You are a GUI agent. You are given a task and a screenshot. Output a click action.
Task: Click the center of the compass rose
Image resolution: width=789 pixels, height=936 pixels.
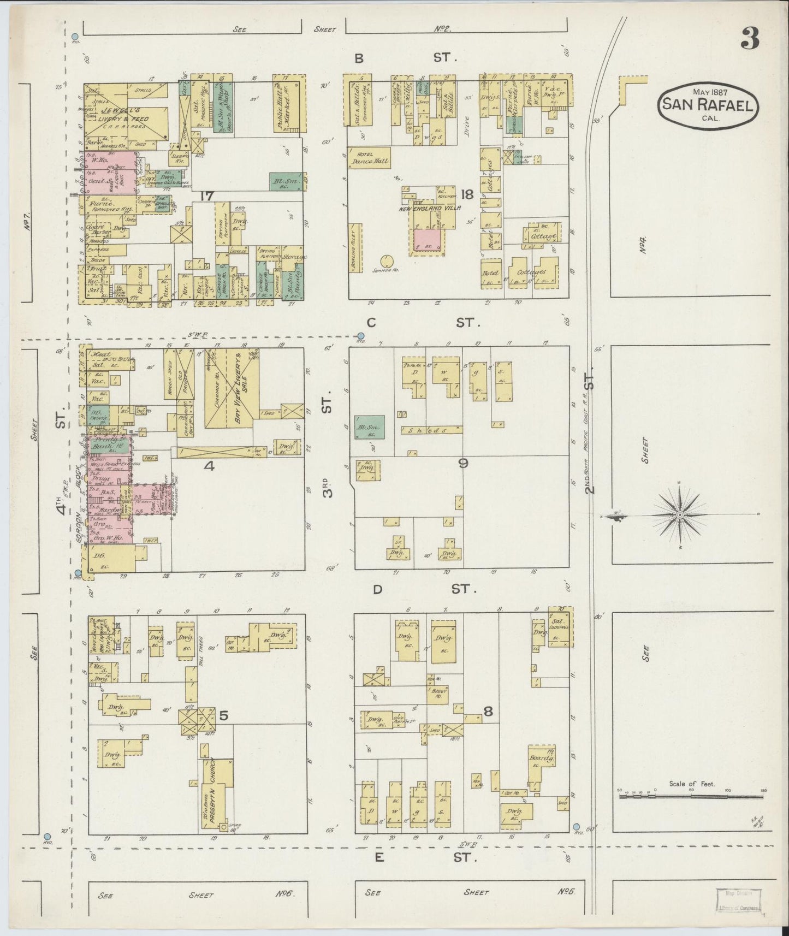pyautogui.click(x=680, y=515)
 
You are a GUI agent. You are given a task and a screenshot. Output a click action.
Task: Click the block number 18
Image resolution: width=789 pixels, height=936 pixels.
pyautogui.click(x=467, y=194)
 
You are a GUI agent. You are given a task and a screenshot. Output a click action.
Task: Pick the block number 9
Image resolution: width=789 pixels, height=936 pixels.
pyautogui.click(x=464, y=463)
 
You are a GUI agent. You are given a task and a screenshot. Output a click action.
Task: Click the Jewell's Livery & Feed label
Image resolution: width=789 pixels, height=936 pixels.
pyautogui.click(x=123, y=115)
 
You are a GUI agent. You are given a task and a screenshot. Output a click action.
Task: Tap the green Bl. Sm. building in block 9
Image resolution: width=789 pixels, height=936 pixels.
pyautogui.click(x=369, y=426)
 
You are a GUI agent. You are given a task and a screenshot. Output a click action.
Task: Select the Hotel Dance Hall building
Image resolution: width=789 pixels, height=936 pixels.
pyautogui.click(x=369, y=157)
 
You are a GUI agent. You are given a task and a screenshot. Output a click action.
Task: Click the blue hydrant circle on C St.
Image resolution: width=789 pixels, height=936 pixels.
pyautogui.click(x=361, y=336)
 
